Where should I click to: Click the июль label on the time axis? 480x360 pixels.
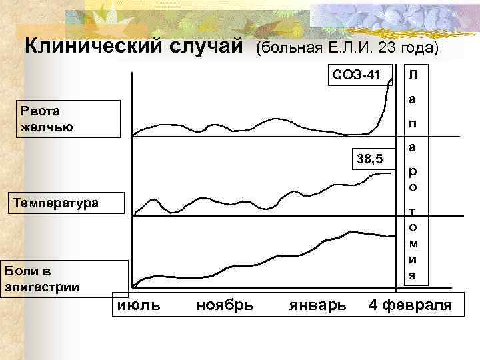point(138,305)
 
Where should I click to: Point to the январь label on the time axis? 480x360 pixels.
point(317,305)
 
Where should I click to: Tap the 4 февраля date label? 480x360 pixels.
point(410,305)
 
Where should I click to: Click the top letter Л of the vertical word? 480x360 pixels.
point(413,75)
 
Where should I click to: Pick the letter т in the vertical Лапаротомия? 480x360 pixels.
point(413,211)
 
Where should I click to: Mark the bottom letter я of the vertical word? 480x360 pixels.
point(413,275)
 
